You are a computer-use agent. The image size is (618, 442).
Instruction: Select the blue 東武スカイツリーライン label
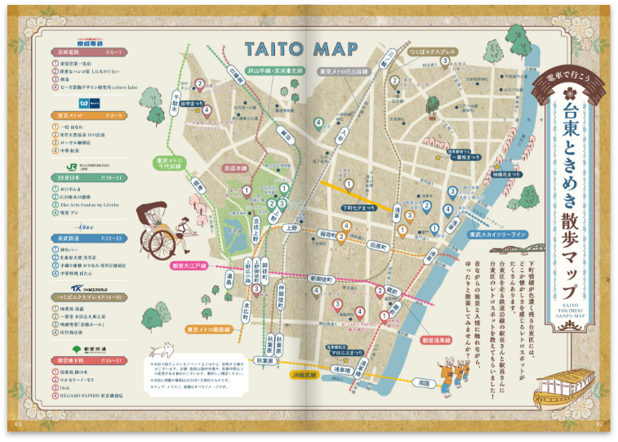(497, 234)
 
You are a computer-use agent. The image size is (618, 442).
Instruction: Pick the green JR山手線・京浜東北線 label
(275, 70)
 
